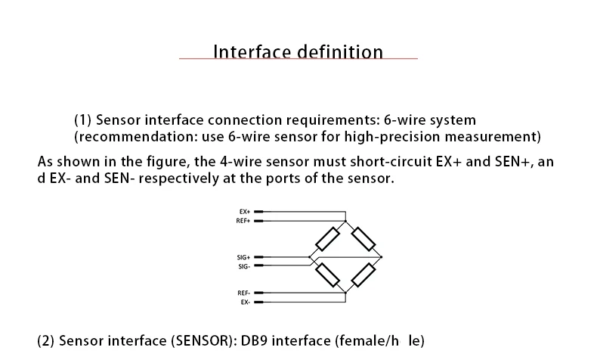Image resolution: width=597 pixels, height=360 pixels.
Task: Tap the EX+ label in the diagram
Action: [245, 213]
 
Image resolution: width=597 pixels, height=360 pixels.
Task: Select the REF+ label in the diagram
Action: [243, 221]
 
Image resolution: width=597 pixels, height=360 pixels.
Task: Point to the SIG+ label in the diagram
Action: [243, 258]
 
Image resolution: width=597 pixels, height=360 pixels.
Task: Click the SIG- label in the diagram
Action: [244, 266]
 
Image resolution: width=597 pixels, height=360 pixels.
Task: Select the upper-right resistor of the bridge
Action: [363, 239]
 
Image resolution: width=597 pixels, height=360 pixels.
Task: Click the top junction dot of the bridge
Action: [346, 222]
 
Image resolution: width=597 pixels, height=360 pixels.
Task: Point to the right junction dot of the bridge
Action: [382, 257]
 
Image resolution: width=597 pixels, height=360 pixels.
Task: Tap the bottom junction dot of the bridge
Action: [346, 292]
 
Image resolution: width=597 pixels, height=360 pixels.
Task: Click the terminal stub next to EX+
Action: [258, 213]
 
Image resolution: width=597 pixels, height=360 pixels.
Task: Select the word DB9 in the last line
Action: [255, 340]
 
